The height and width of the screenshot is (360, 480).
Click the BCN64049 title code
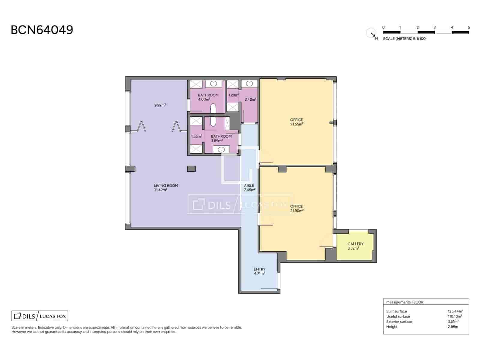coord(42,30)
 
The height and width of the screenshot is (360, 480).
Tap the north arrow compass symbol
coord(372,34)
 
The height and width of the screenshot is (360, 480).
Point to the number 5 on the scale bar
coord(469,27)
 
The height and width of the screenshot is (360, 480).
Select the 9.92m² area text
coord(160,105)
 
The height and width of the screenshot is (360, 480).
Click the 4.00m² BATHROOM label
coord(208,97)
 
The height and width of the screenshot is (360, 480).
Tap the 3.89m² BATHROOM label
coord(221,138)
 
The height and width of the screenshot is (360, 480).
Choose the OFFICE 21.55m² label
coord(296,122)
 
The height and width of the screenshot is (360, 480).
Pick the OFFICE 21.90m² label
coord(296,208)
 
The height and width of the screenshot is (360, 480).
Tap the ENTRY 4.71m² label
coord(259,271)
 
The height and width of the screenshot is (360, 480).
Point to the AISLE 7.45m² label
coord(249,187)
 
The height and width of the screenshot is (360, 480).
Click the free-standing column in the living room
coord(191,169)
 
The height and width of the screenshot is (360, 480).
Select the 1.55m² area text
coord(196,136)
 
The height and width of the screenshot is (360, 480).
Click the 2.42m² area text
coord(250,100)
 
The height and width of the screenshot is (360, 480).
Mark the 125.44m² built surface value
coord(455,311)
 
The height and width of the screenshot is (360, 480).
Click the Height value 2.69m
coord(453,327)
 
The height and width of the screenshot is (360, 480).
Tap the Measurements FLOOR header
coord(405,302)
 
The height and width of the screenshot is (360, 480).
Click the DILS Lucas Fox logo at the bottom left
coord(40,316)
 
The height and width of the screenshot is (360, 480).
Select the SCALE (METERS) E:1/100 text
coord(404,39)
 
